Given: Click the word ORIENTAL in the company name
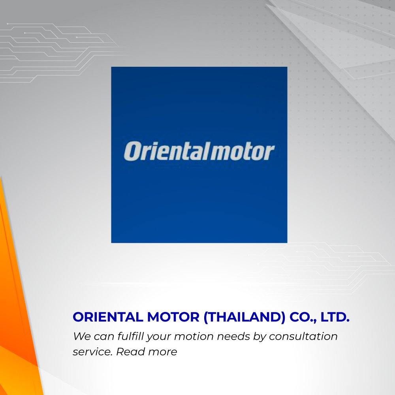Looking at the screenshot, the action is (x=108, y=317).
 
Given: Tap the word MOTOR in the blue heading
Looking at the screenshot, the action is (x=173, y=317).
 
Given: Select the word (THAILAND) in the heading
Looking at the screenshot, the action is (x=245, y=317).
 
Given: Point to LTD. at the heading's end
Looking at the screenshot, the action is (x=335, y=317).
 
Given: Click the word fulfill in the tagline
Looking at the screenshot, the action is (x=131, y=336).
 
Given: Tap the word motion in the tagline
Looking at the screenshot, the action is (x=194, y=336).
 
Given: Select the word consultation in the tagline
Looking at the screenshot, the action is (x=303, y=336).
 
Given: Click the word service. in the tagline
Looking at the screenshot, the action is (x=92, y=352).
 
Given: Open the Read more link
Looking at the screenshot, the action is (x=147, y=352).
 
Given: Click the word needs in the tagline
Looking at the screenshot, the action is (x=233, y=336).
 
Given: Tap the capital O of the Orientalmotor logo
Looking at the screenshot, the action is (x=132, y=151).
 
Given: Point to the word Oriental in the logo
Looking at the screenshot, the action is (x=166, y=151).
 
